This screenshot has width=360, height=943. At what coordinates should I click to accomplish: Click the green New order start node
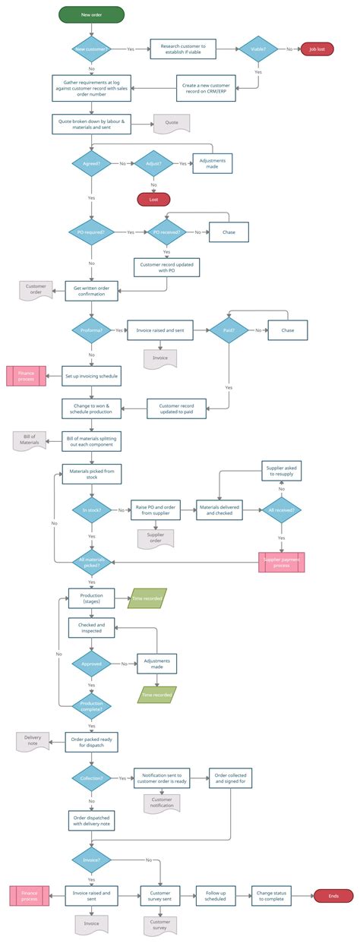91,14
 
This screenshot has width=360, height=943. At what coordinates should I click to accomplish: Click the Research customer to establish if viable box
182,49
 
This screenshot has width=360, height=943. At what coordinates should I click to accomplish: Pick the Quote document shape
171,123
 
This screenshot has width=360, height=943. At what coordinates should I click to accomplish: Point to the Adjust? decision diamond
153,163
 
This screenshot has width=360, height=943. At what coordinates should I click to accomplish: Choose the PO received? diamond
166,232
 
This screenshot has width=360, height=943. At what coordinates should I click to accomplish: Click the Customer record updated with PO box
166,266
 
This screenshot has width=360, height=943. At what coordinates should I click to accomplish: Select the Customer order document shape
36,289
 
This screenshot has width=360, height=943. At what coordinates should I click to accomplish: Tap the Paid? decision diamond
229,330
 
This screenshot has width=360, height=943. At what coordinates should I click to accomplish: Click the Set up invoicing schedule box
91,375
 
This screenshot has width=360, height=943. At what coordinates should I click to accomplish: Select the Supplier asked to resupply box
281,471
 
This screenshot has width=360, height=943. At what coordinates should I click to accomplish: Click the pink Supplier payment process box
281,562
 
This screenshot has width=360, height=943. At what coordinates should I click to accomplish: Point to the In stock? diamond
91,510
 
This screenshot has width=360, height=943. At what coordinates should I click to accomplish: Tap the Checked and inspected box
91,628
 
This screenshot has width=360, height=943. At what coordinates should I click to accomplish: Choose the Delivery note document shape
33,741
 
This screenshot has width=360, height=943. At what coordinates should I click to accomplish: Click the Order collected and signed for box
229,777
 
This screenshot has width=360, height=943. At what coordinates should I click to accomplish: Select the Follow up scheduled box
215,896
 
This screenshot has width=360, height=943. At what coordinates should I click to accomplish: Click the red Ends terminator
333,896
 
